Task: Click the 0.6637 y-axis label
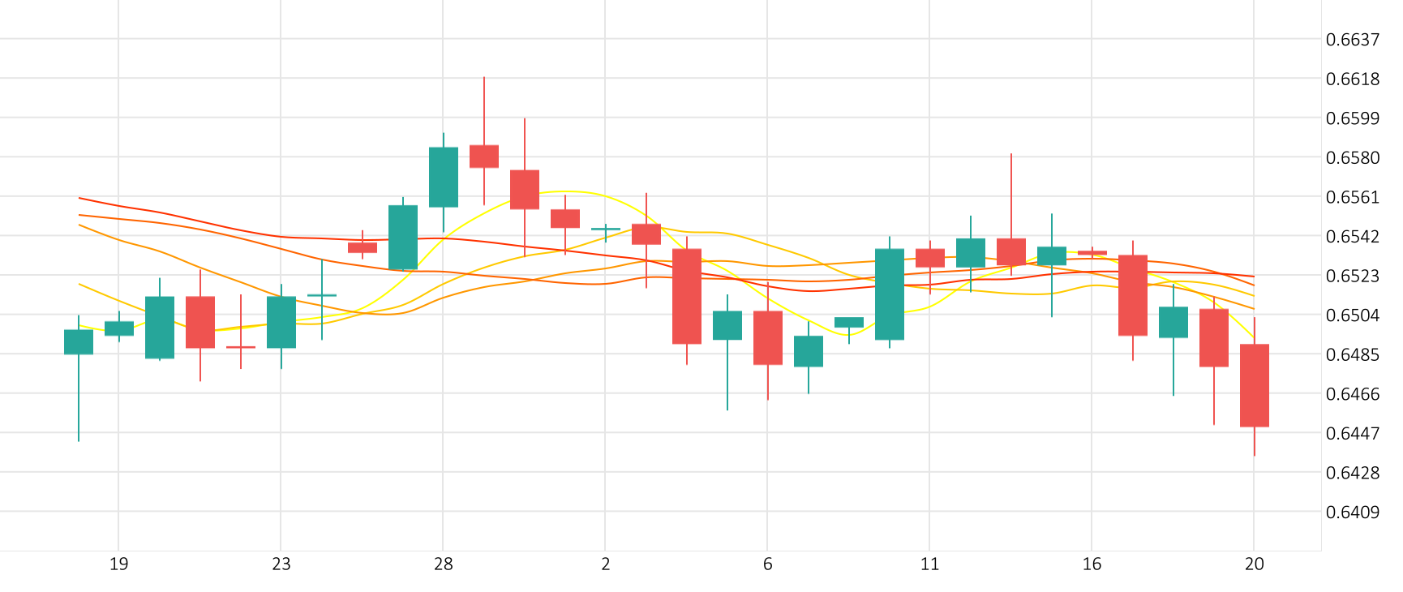tap(1352, 40)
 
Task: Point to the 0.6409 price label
tap(1352, 513)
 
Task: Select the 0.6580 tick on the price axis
tap(1352, 158)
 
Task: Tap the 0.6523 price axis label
tap(1352, 277)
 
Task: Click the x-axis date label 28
tap(443, 564)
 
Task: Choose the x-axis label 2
tap(605, 564)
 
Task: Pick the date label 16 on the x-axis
tap(1092, 564)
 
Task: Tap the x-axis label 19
tap(118, 564)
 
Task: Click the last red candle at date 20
tap(1254, 385)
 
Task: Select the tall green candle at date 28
tap(443, 177)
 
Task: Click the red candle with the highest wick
tap(484, 156)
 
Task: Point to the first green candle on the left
tap(79, 341)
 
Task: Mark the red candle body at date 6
tap(767, 337)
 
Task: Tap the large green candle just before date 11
tap(889, 294)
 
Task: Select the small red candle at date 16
tap(1092, 253)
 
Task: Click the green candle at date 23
tap(281, 322)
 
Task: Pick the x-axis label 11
tap(929, 564)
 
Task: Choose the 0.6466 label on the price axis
tap(1352, 395)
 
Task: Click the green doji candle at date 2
tap(605, 229)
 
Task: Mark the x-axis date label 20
tap(1254, 564)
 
